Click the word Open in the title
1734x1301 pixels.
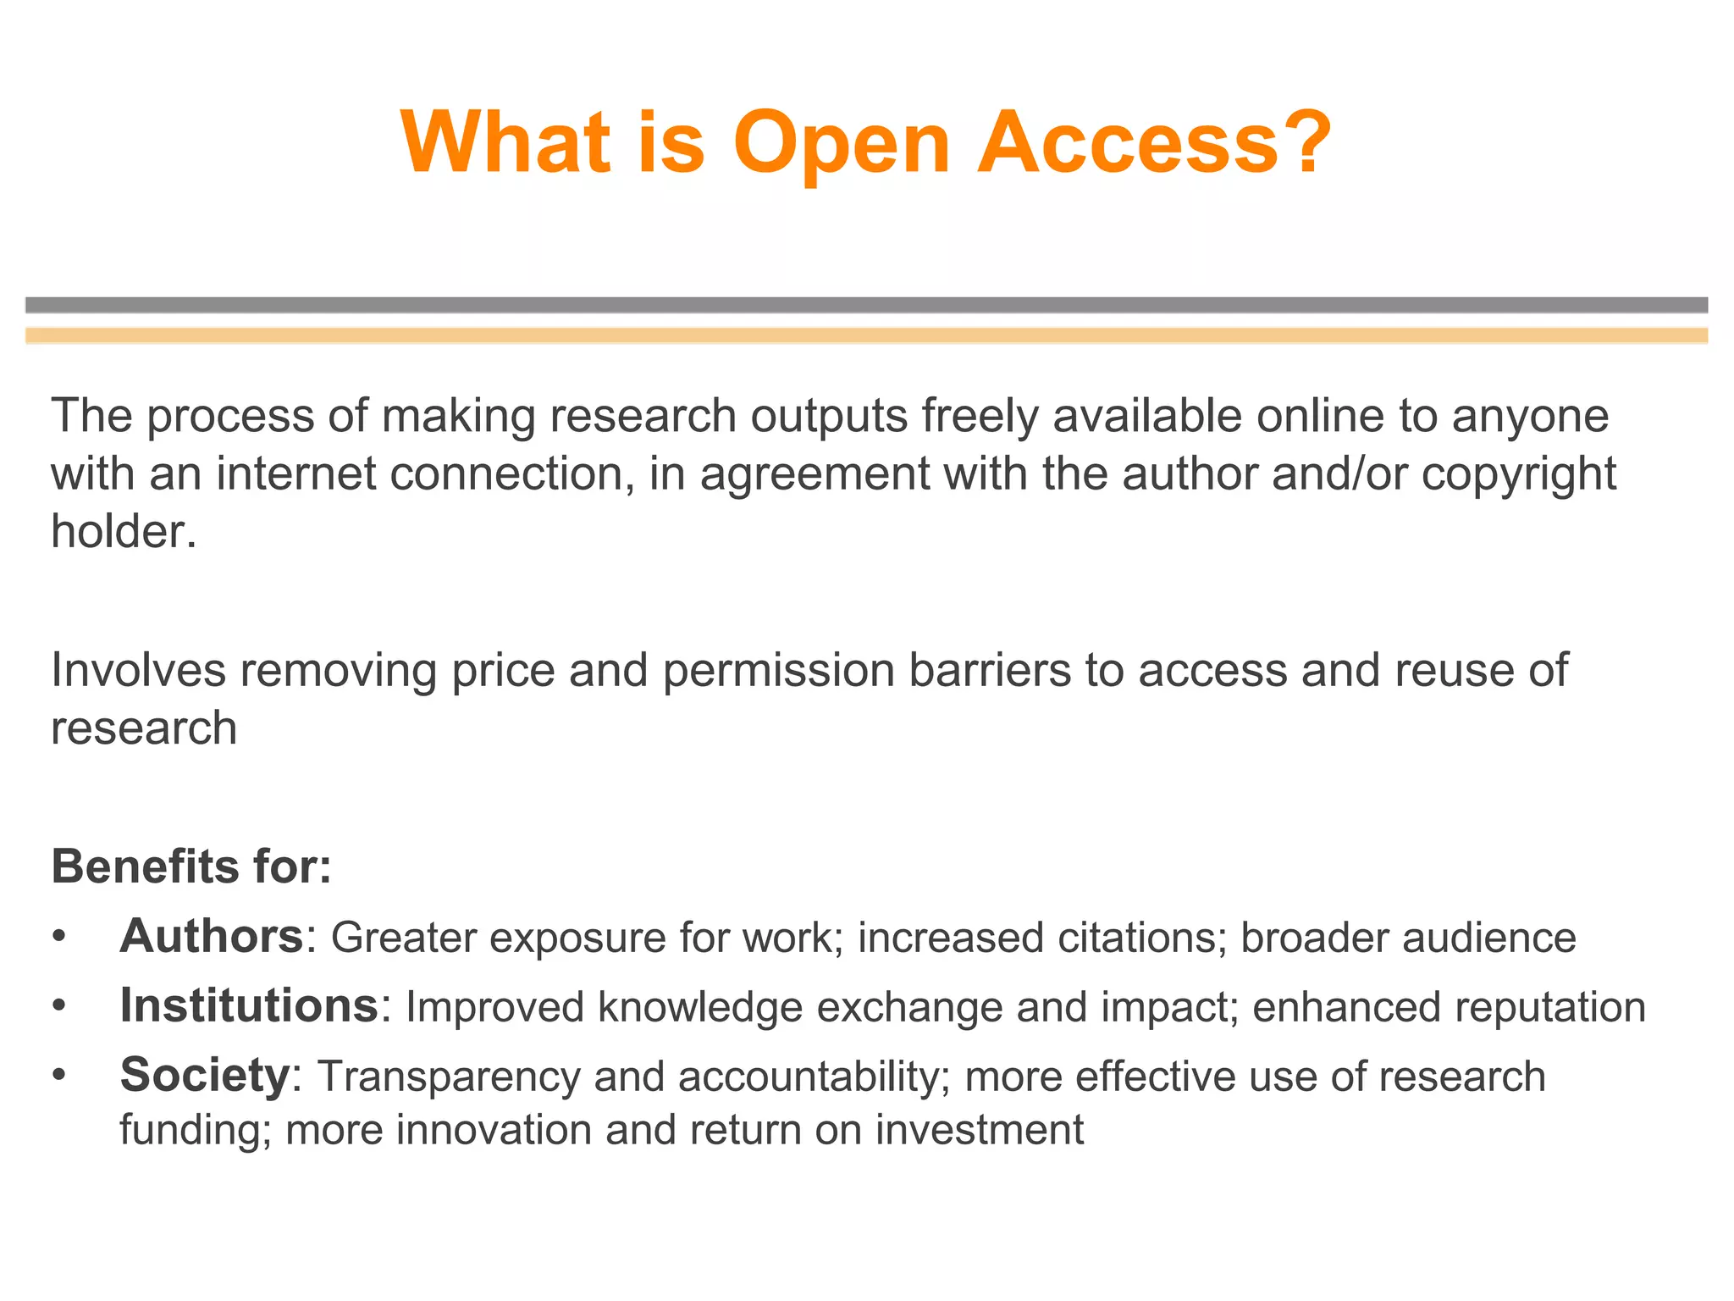(x=842, y=144)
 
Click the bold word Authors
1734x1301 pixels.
(x=212, y=937)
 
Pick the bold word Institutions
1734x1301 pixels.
(x=249, y=1006)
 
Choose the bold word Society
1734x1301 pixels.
(x=205, y=1076)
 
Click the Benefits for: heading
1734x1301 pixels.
(x=191, y=866)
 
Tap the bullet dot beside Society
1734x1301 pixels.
(x=58, y=1077)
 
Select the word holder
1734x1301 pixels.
(x=124, y=532)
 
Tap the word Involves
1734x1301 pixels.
(x=139, y=670)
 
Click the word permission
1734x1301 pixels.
(x=779, y=671)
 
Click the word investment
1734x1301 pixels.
(x=980, y=1130)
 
